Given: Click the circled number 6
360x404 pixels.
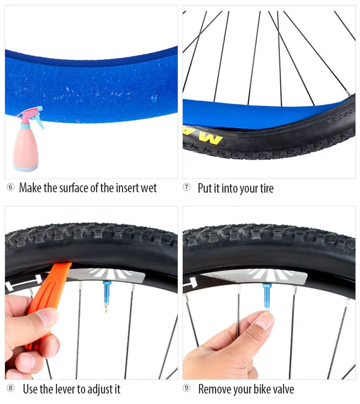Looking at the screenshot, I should [x=10, y=188].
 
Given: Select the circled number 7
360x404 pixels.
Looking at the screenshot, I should [x=187, y=188].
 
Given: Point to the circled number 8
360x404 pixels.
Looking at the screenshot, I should [x=10, y=389].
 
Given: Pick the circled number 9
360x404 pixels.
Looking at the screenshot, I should [x=187, y=389].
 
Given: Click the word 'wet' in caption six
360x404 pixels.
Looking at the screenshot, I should [x=146, y=188].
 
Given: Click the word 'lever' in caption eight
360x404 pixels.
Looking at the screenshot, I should [x=65, y=389].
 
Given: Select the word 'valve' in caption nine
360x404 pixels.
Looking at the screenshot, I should [x=281, y=389].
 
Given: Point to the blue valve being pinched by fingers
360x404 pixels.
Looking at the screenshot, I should [x=268, y=297].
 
